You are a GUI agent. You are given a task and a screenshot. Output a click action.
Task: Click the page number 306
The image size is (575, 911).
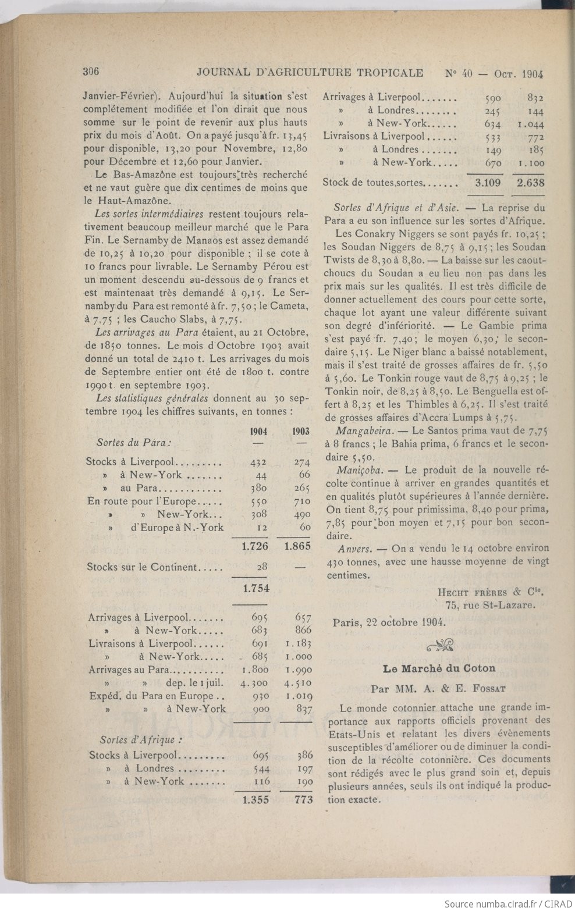pyautogui.click(x=92, y=72)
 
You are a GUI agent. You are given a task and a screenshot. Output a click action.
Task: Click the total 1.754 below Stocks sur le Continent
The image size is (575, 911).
pyautogui.click(x=256, y=588)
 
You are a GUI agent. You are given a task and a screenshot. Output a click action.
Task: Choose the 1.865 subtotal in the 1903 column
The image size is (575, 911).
pyautogui.click(x=297, y=546)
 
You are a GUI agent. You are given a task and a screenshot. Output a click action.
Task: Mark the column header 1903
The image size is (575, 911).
pyautogui.click(x=300, y=432)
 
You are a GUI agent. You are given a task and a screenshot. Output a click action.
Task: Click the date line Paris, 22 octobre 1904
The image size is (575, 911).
pyautogui.click(x=389, y=621)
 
